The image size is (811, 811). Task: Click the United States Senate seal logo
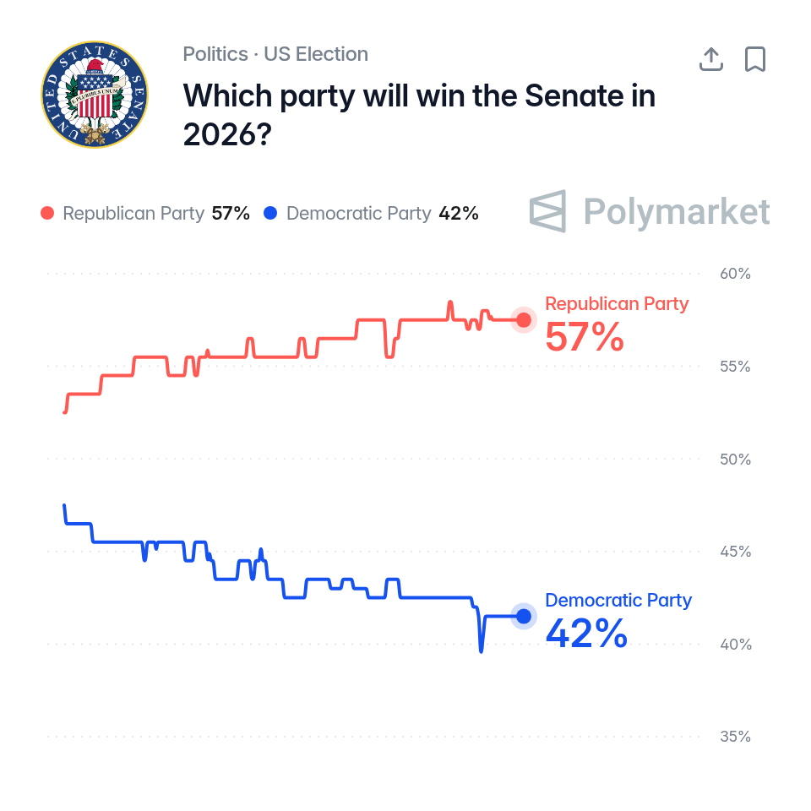point(95,95)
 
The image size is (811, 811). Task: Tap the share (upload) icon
point(711,59)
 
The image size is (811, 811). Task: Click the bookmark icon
point(755,59)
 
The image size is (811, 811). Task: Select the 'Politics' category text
point(215,54)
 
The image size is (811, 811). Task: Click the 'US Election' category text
point(316,54)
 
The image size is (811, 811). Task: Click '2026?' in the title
point(227,134)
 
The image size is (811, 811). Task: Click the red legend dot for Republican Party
point(47,213)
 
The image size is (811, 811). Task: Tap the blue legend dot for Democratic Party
point(270,213)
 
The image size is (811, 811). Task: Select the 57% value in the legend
point(231,213)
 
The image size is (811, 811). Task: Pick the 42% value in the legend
point(459,213)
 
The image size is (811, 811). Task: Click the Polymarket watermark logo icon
point(547,211)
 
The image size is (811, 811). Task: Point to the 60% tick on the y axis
point(735,274)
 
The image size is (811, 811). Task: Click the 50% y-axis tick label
point(735,460)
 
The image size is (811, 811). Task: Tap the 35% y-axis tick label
point(735,737)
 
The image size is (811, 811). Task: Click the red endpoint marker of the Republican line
point(524,320)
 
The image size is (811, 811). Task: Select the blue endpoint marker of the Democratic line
point(524,617)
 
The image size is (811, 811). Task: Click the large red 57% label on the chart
point(585,337)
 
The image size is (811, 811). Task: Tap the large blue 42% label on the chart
point(586,634)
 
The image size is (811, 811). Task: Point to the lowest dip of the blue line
point(482,651)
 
